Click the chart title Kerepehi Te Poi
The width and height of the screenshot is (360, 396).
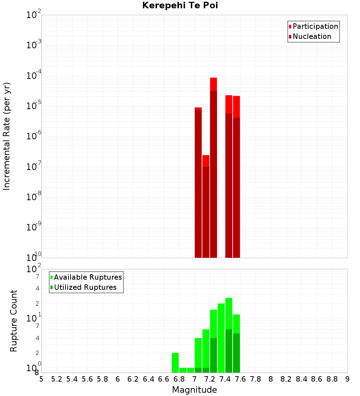coord(180,5)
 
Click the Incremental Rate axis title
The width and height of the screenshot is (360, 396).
coord(7,136)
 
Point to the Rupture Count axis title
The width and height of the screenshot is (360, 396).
coord(14,321)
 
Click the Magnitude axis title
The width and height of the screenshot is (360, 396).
coord(194,390)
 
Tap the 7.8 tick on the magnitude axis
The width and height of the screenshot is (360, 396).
coord(256,379)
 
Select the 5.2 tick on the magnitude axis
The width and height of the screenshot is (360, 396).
coord(57,379)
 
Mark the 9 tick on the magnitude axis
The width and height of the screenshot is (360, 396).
coord(347,379)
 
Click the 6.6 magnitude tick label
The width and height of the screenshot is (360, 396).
coord(164,379)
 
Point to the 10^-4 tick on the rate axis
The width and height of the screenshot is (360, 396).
coord(34,76)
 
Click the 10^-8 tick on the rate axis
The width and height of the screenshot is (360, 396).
coord(34,197)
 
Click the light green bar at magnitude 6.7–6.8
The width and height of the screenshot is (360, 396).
coord(175,363)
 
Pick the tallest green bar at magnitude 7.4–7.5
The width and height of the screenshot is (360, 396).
coord(229,335)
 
